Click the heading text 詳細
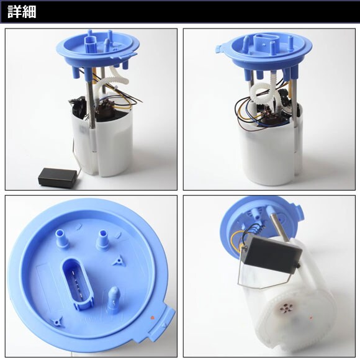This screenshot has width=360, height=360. [x=22, y=12]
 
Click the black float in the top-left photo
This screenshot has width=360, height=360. [x=58, y=176]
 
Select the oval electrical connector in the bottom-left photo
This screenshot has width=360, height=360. [x=78, y=284]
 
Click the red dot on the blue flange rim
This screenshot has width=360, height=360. [x=152, y=318]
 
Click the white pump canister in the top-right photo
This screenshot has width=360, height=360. [x=270, y=151]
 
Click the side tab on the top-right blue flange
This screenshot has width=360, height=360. [x=218, y=50]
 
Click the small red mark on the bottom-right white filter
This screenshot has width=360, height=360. [x=312, y=318]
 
